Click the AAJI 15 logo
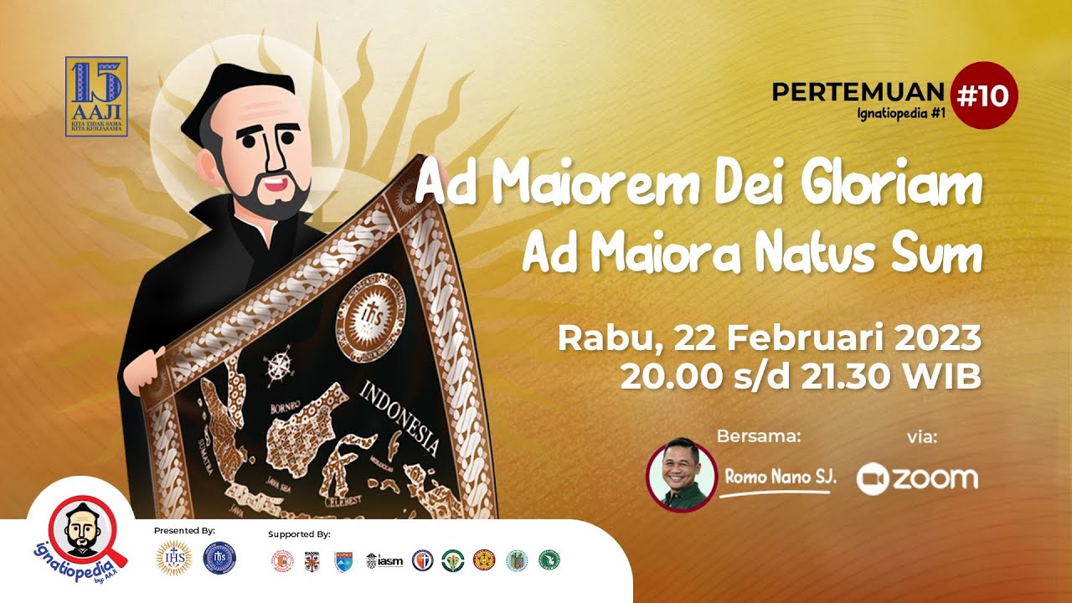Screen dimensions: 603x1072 click(x=96, y=96)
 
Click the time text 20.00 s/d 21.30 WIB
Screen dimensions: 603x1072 click(x=800, y=377)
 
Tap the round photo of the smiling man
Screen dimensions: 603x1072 click(x=682, y=476)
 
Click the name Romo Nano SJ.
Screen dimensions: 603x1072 click(x=780, y=477)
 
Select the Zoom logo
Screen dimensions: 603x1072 click(x=917, y=478)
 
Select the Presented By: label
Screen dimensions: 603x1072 click(x=184, y=531)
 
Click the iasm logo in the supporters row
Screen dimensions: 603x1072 click(x=384, y=560)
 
